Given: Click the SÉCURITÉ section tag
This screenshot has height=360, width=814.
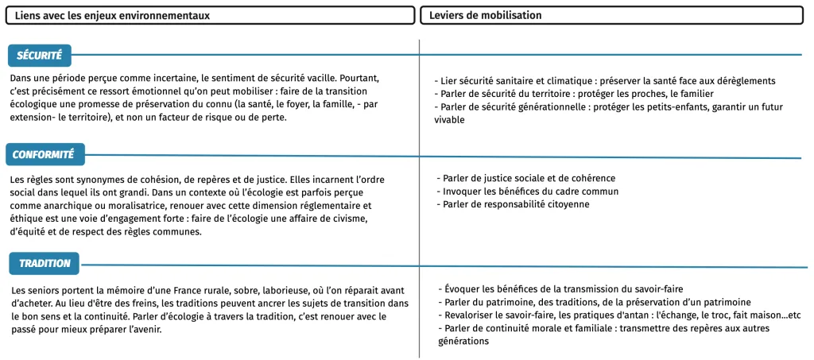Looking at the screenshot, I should point(40,55).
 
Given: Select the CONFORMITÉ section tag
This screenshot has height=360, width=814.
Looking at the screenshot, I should point(44,154).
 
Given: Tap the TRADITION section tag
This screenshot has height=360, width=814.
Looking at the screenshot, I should point(45,263).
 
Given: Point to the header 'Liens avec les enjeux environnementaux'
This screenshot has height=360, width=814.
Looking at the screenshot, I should point(113,15).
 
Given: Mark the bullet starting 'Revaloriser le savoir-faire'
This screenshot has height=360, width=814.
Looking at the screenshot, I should point(621,315).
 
